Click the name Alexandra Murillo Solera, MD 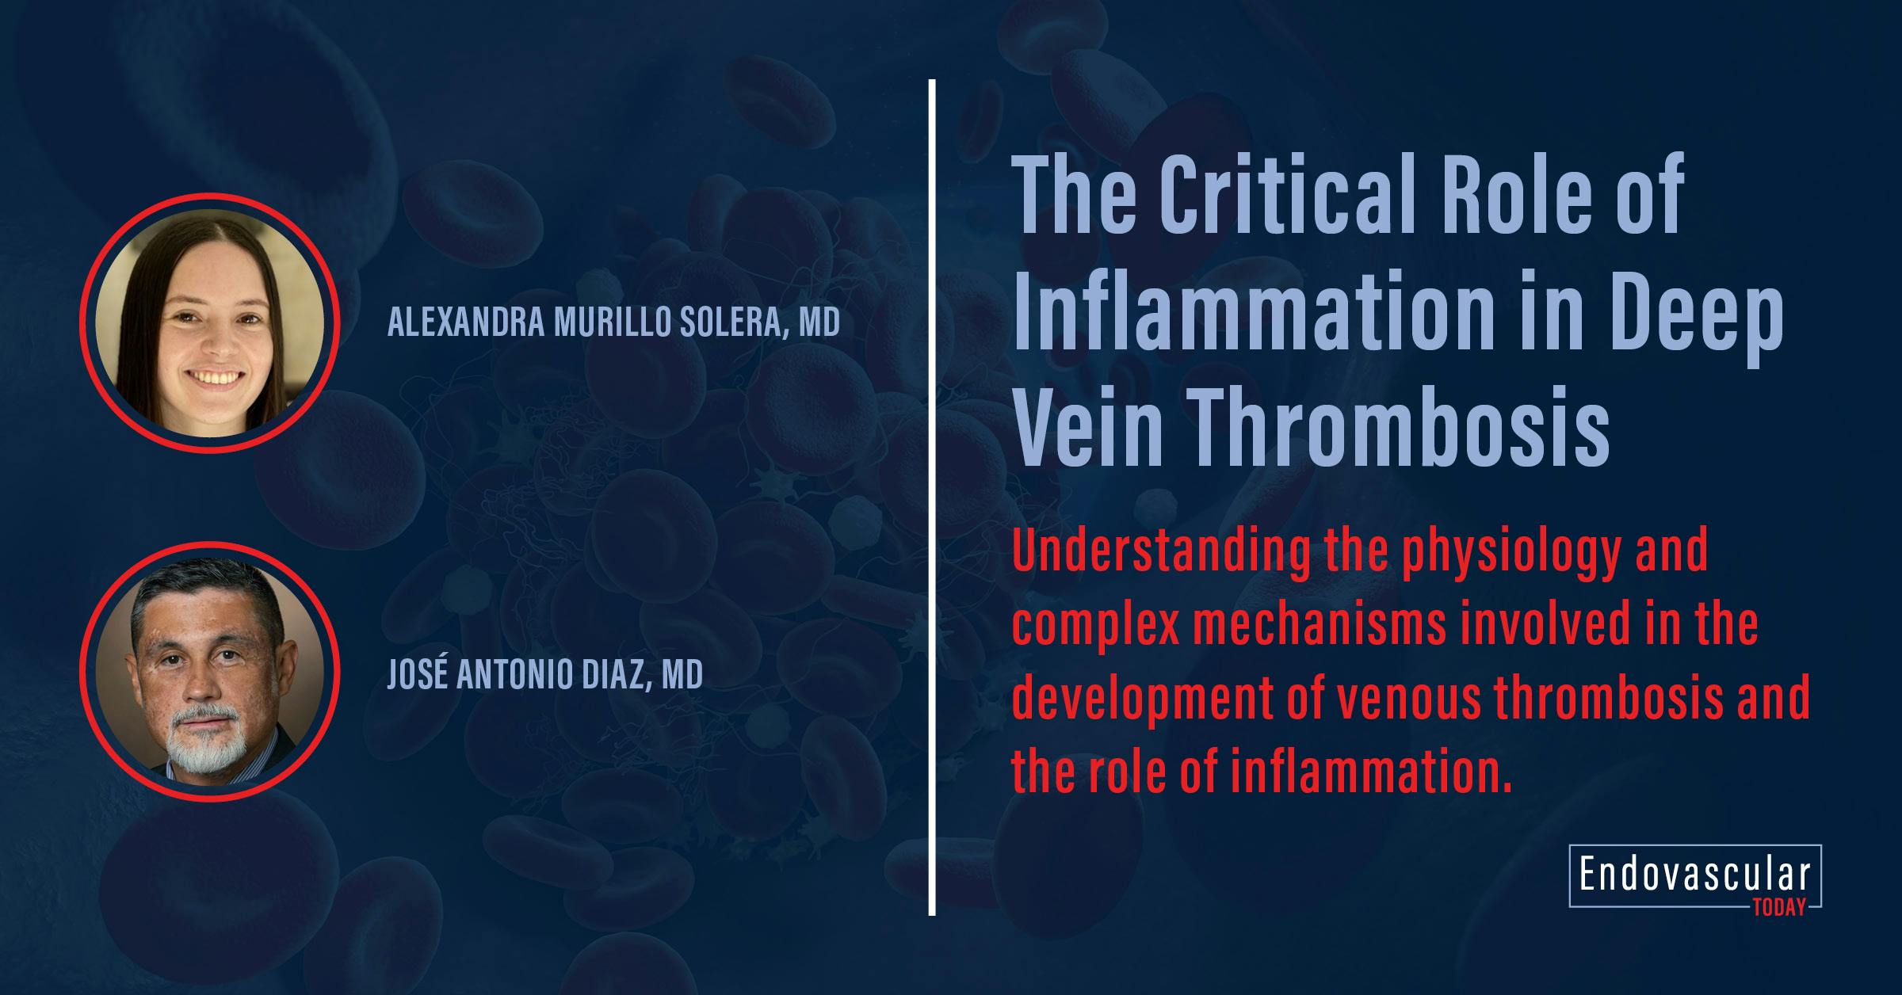[613, 323]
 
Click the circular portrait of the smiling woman [211, 323]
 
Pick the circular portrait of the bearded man [211, 672]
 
